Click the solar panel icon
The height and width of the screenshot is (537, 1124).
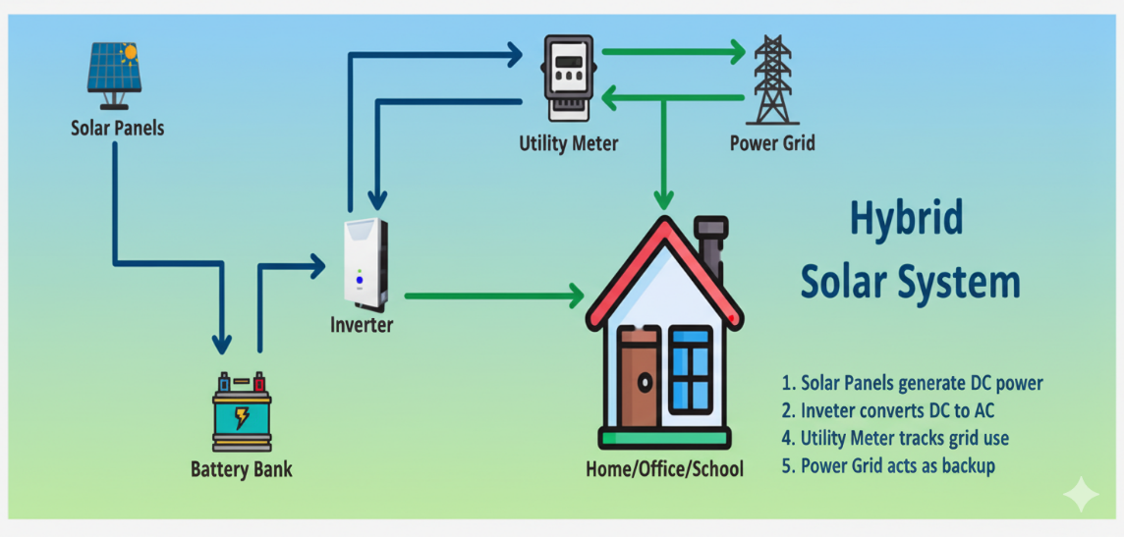pos(114,75)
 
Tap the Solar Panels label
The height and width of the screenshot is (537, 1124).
pos(117,128)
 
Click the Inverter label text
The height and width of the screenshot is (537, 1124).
pos(362,324)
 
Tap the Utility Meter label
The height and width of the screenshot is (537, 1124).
pos(569,143)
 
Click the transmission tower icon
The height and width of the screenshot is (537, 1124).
pos(773,79)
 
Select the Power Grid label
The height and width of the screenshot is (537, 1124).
pos(772,143)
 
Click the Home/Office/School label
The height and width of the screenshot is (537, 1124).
pos(664,468)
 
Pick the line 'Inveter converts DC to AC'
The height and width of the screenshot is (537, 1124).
pos(903,410)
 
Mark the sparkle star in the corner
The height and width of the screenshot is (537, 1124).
pos(1081,495)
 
